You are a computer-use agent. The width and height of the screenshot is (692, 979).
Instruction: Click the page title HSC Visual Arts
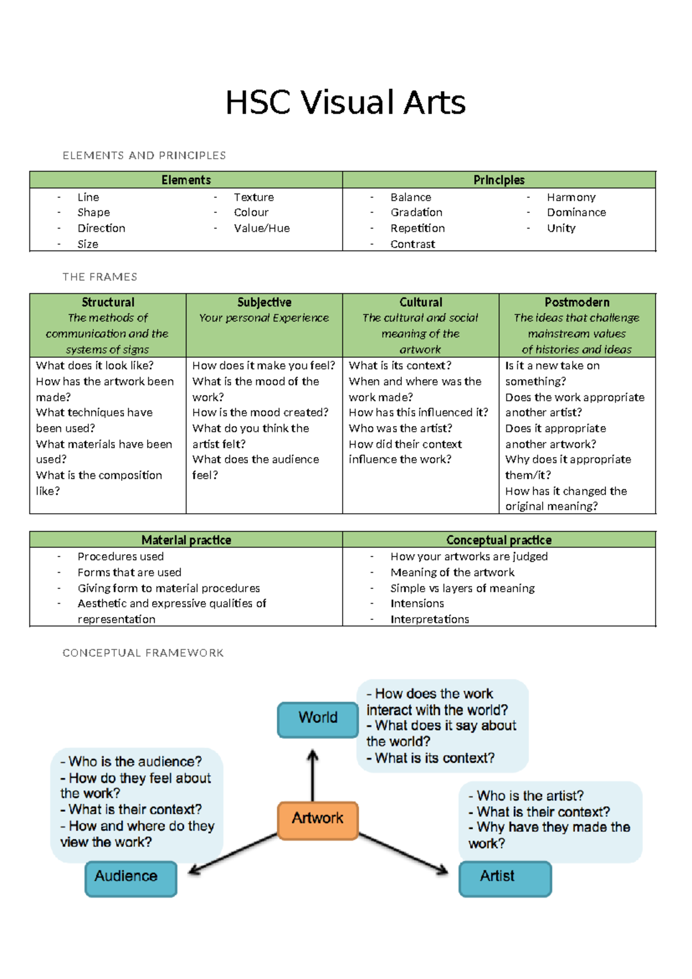345,103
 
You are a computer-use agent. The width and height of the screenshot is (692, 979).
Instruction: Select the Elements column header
186,180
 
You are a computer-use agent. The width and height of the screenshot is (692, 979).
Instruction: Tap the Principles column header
499,180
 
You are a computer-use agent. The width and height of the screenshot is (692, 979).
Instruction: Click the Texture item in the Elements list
254,197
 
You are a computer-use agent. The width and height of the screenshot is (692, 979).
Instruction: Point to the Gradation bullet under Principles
416,212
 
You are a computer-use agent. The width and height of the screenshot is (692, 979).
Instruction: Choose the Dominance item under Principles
576,212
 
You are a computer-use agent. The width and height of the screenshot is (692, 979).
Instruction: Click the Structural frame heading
108,302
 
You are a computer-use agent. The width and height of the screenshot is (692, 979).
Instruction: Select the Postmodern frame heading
577,302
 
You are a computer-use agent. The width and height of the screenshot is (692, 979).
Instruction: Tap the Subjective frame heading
264,302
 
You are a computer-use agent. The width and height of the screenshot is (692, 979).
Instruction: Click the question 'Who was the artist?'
400,428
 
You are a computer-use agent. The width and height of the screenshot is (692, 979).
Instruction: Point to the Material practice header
186,540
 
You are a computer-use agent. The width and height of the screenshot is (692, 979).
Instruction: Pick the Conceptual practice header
499,540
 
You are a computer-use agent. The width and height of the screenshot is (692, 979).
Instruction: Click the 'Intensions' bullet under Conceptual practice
417,604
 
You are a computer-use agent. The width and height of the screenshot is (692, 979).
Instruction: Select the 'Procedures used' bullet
121,556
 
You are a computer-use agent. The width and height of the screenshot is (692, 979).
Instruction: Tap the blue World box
318,719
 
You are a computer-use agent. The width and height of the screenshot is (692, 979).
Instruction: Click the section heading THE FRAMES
100,277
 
